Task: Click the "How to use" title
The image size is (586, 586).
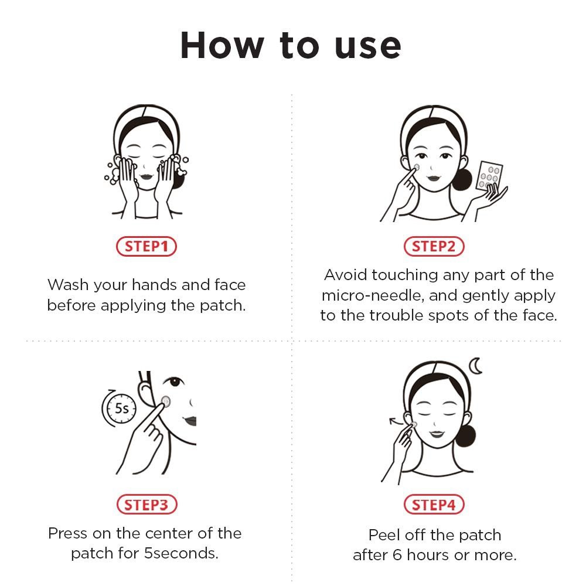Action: click(x=291, y=45)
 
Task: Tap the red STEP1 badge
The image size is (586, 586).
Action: click(x=146, y=247)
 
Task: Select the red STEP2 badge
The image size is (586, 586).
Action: click(x=434, y=247)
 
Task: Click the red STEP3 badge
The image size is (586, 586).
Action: click(x=146, y=505)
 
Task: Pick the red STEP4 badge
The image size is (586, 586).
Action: click(x=434, y=505)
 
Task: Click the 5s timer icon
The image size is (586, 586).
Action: click(x=120, y=408)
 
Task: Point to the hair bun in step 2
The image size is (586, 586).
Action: click(x=462, y=179)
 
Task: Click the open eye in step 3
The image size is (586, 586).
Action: click(x=174, y=381)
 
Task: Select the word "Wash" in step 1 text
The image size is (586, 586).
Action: click(x=66, y=285)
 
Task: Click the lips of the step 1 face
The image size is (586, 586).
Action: click(x=146, y=172)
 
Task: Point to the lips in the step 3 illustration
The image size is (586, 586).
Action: click(x=189, y=420)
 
